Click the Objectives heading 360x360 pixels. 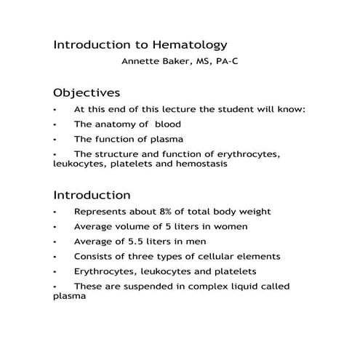87,93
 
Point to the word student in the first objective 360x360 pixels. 233,109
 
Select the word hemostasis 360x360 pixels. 201,164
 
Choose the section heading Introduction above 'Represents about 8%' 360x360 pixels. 92,196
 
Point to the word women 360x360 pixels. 231,226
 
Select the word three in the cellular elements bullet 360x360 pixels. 144,256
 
